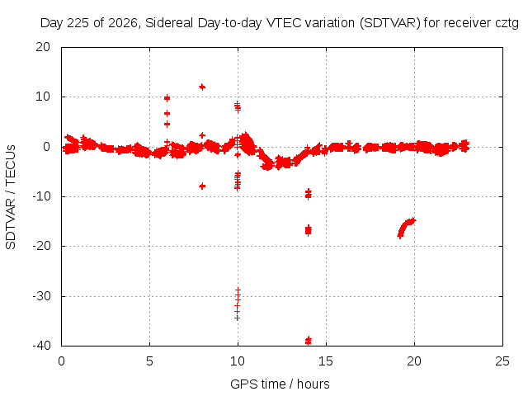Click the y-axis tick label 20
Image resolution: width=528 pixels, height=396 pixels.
tap(43, 47)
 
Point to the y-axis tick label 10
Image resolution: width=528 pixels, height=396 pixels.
tap(43, 97)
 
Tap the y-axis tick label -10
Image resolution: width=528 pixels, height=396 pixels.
tap(41, 196)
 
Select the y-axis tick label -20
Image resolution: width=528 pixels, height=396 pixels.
tap(41, 246)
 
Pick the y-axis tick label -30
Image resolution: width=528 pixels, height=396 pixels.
tap(41, 296)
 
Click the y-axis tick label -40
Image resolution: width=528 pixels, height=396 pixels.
tap(41, 346)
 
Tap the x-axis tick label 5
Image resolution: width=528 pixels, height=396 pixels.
tap(149, 361)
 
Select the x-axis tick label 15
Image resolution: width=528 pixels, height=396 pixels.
tap(326, 361)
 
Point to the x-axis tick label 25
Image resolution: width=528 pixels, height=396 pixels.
tap(502, 361)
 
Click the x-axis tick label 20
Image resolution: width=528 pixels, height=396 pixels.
tap(414, 361)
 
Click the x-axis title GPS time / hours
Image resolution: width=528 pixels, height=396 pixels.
tap(280, 384)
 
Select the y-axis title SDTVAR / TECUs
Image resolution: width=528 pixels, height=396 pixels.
tap(11, 197)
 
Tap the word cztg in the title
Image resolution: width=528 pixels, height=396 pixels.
tap(507, 23)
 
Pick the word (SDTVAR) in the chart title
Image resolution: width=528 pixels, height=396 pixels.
tap(390, 23)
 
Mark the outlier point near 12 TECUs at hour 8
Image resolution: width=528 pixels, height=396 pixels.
tap(202, 87)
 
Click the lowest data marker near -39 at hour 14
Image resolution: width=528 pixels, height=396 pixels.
tap(308, 341)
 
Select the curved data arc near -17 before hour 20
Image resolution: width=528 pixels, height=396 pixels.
tap(405, 227)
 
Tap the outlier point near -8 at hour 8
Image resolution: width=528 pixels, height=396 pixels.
tap(202, 186)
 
